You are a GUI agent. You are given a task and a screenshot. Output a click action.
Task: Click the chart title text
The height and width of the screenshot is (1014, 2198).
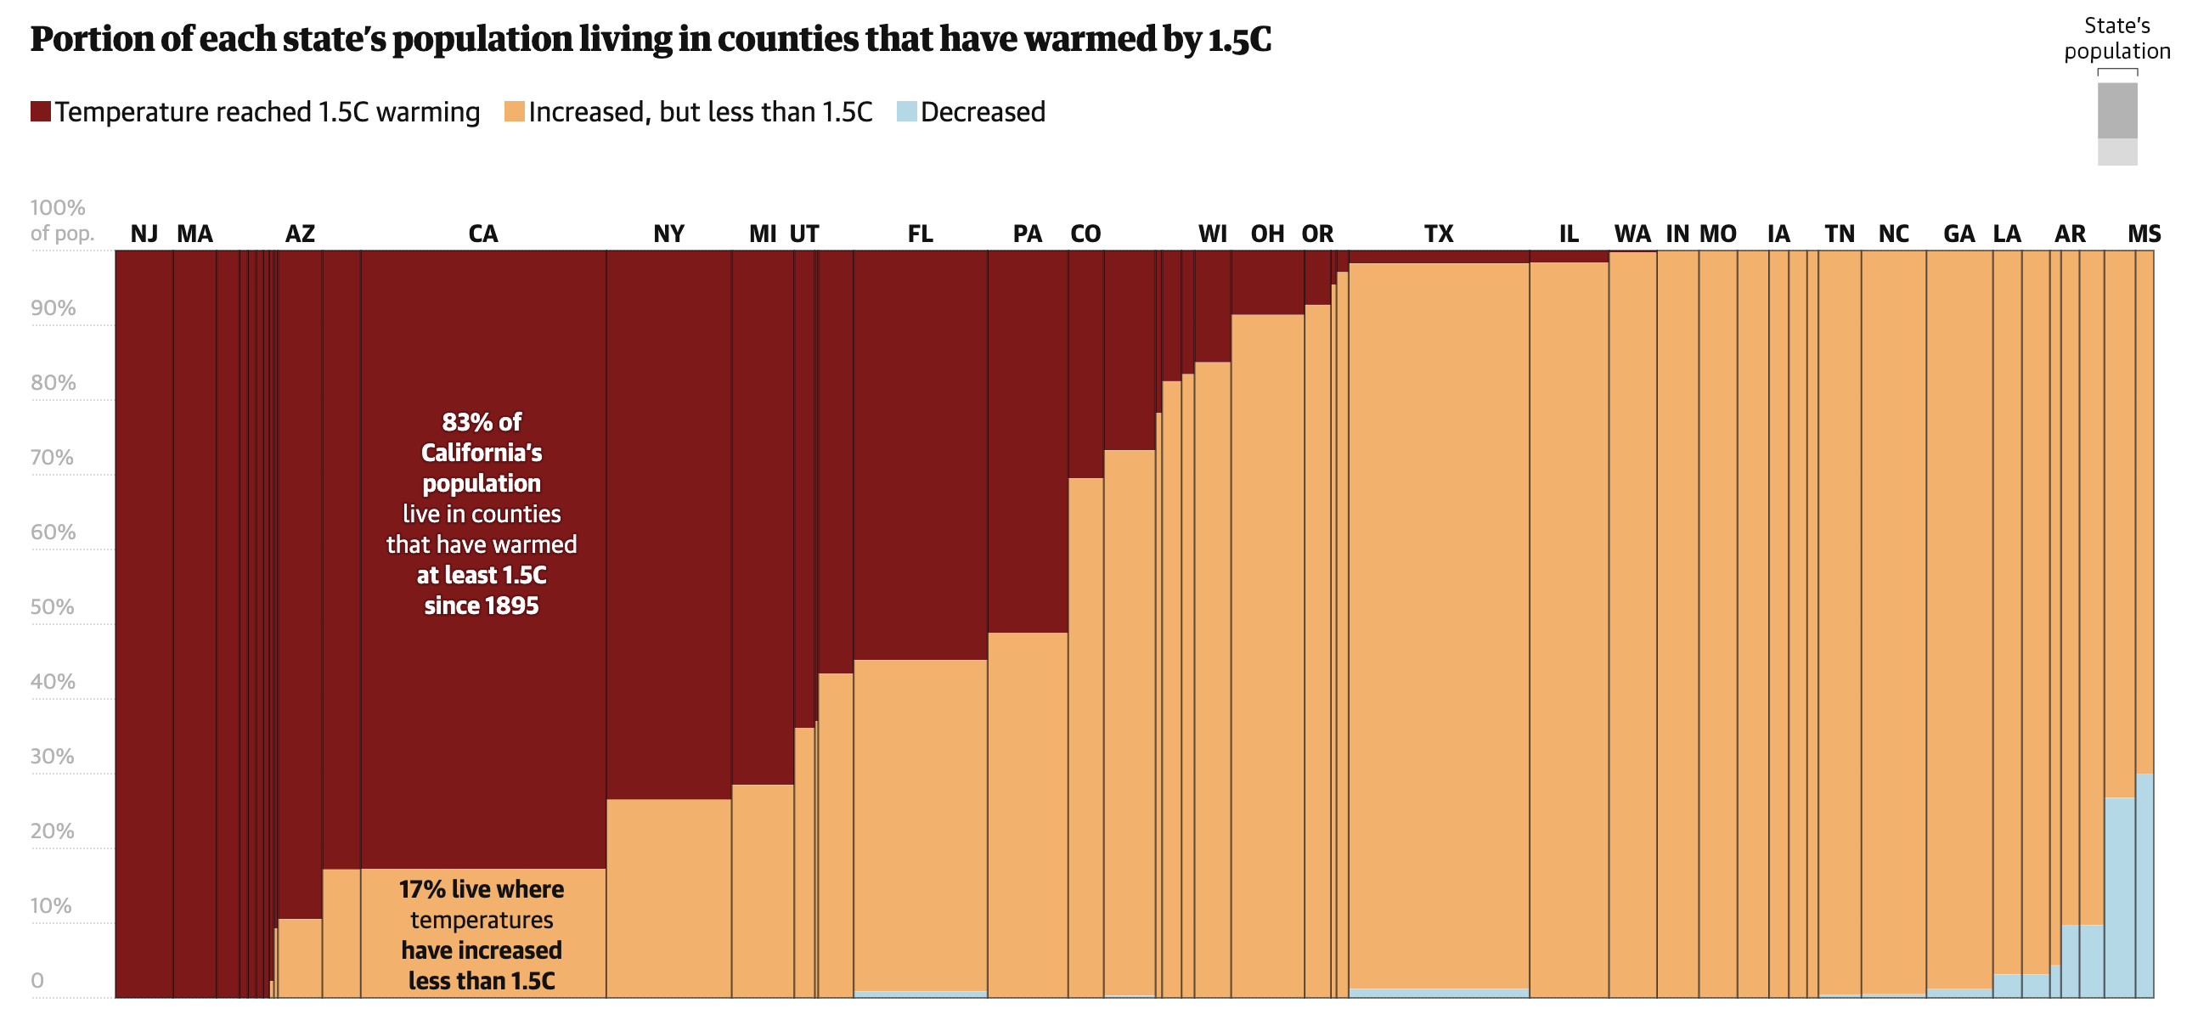(x=651, y=39)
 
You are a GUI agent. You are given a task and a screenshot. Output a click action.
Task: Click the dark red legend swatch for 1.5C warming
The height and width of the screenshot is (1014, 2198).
(x=40, y=112)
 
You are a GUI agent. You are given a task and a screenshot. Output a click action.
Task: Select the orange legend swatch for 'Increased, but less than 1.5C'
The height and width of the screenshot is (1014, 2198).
(x=514, y=112)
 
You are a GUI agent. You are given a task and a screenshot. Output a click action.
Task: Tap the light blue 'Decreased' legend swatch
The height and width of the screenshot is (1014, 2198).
(x=906, y=112)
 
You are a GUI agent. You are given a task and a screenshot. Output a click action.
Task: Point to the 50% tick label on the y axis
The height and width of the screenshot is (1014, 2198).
(x=52, y=607)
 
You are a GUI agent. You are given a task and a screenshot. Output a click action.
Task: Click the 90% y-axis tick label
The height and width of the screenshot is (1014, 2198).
(x=53, y=308)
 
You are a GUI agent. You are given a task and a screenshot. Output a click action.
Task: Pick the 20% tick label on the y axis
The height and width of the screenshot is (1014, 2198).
(x=52, y=831)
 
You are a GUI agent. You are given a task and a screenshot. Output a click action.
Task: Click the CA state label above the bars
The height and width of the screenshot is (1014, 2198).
(x=483, y=234)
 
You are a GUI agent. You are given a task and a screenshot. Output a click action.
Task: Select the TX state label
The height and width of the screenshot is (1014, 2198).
(x=1438, y=234)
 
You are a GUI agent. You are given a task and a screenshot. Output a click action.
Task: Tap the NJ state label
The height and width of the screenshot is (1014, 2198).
(x=144, y=234)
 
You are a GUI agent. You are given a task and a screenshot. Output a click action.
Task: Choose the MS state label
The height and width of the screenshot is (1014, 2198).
(x=2144, y=234)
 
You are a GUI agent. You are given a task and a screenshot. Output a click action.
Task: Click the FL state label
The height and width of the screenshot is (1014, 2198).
(x=920, y=234)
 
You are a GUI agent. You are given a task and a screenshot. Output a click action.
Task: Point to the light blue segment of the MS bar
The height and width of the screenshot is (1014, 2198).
(x=2144, y=887)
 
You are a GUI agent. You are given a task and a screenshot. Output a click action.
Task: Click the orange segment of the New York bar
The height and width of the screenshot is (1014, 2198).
(x=668, y=896)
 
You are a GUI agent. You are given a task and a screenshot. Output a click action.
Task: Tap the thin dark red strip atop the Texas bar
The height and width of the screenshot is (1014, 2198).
(x=1439, y=257)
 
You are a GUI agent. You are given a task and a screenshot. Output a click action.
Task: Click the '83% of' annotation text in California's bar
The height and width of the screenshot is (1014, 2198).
(x=482, y=423)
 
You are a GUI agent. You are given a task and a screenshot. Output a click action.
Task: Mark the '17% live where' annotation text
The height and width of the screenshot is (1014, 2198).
(x=482, y=889)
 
